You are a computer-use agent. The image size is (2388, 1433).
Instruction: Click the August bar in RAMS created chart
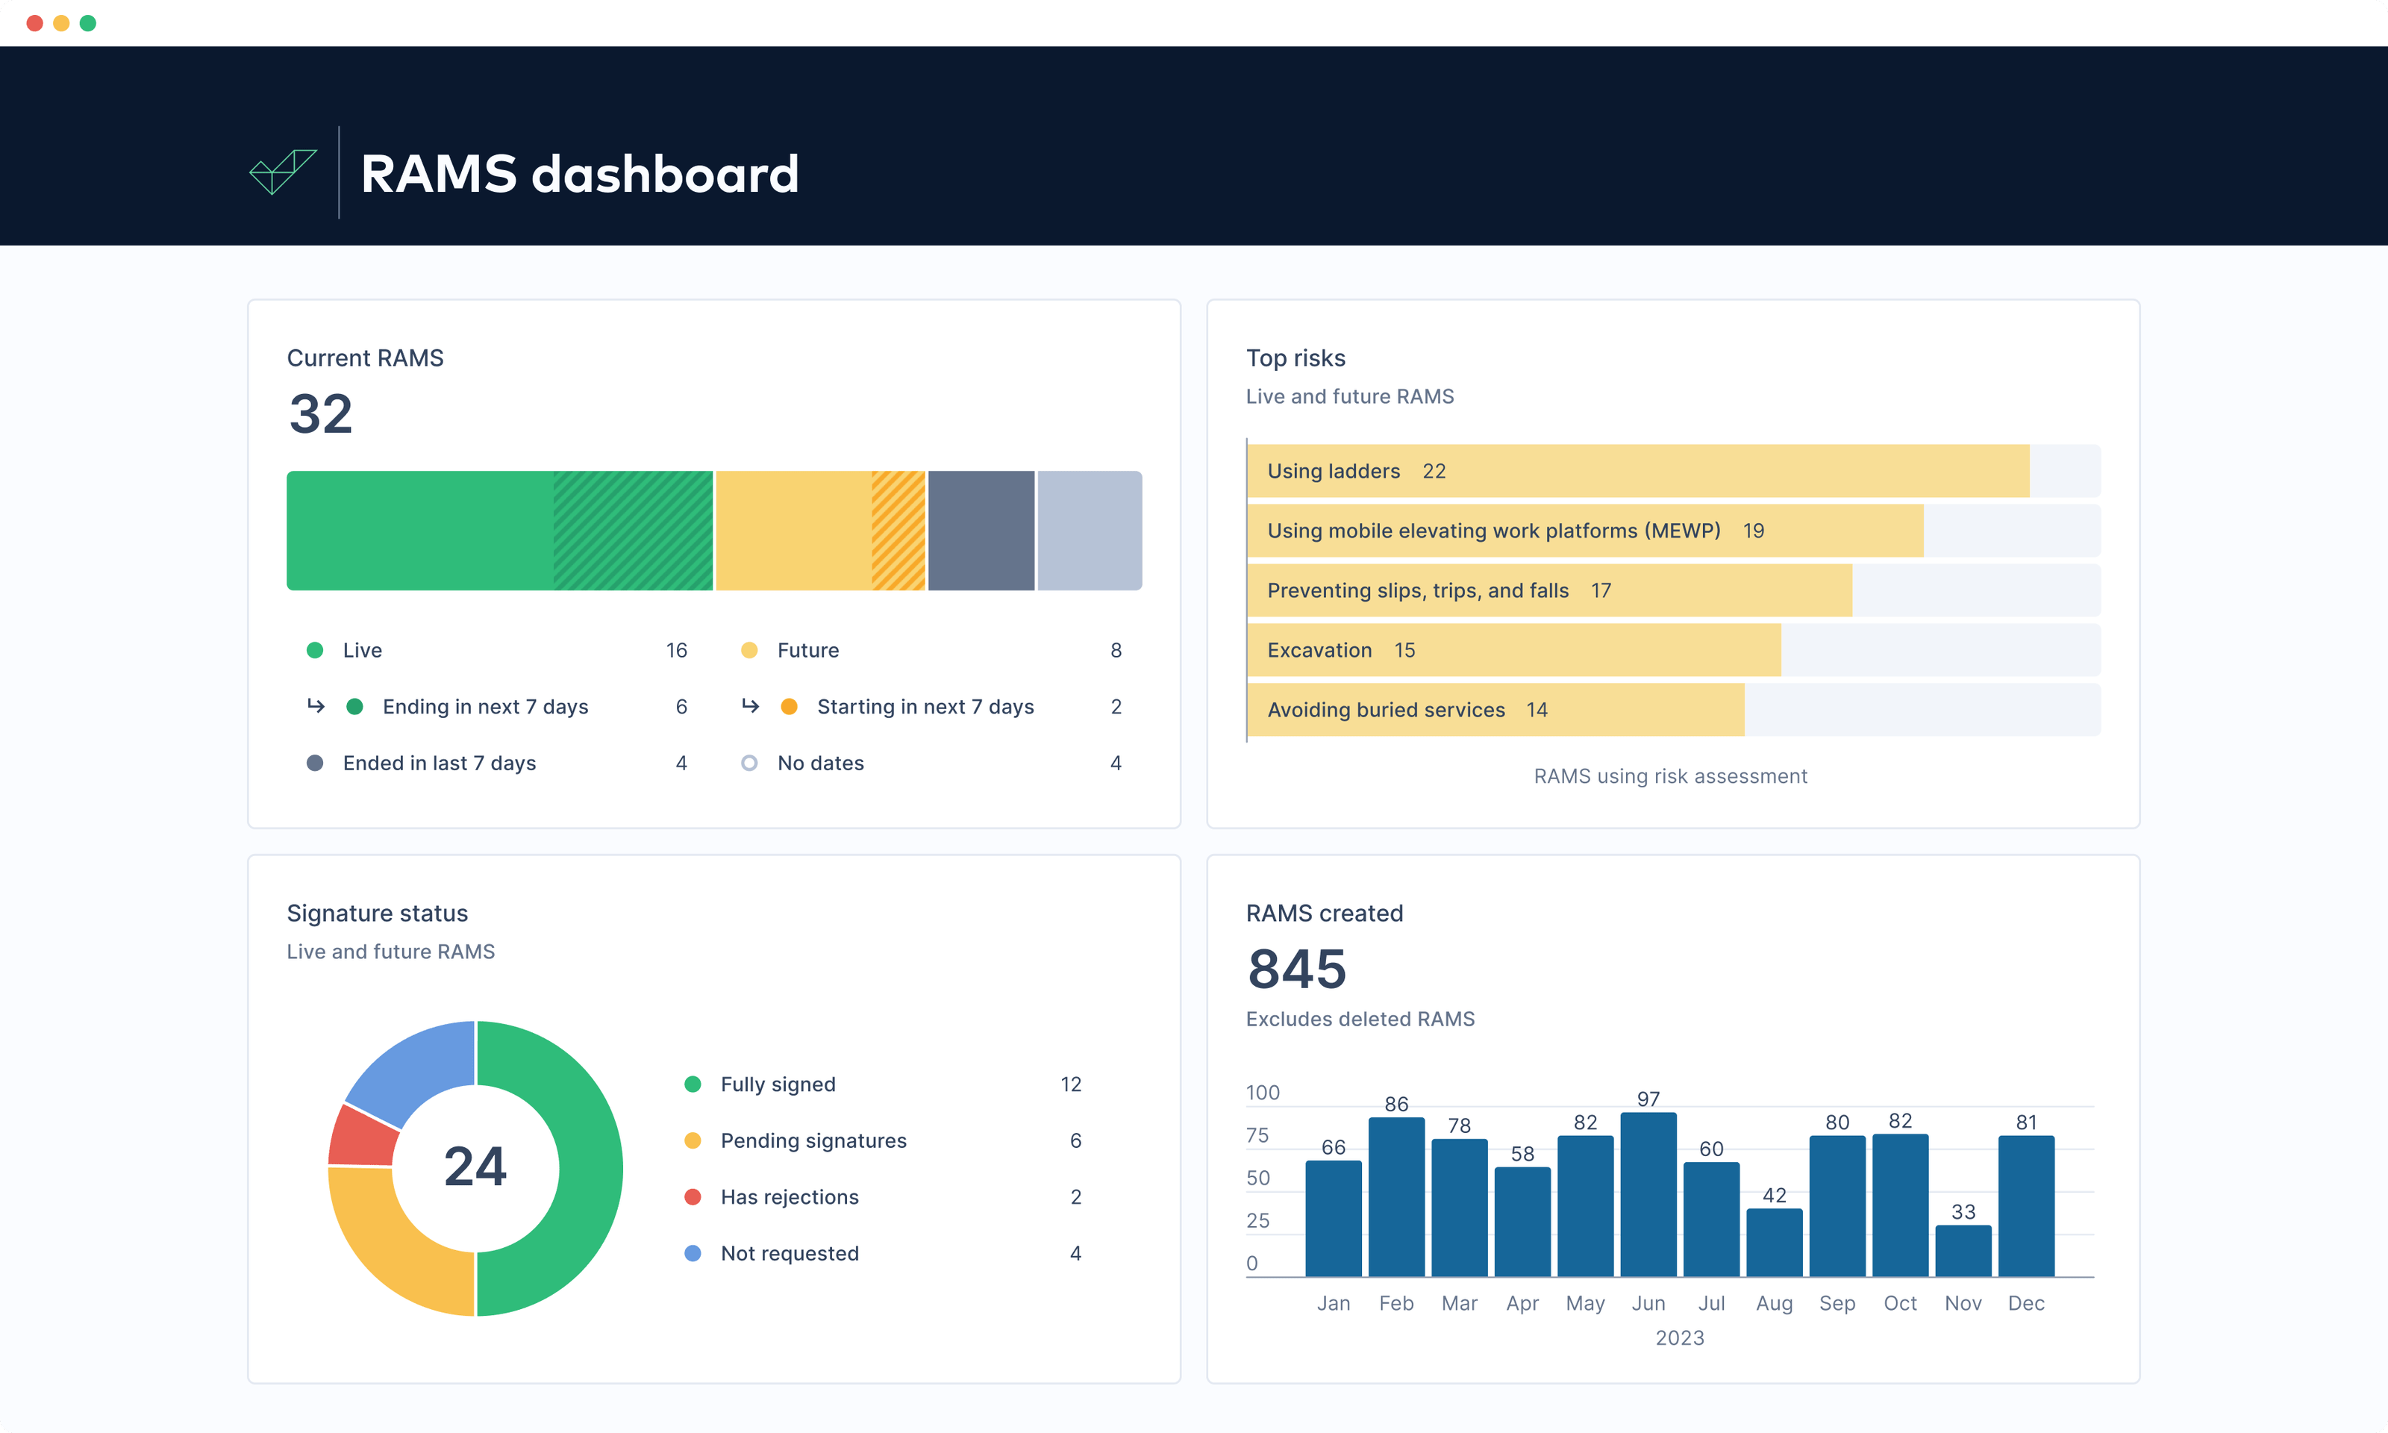pos(1774,1243)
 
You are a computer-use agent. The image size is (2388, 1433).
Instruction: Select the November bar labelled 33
pos(1963,1252)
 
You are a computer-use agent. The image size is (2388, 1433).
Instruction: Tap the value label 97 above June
pos(1648,1099)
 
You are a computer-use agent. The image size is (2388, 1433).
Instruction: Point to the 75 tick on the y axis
pos(1257,1136)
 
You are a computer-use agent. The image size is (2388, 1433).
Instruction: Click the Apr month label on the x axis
pos(1522,1304)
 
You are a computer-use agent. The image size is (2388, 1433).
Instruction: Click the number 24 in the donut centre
pos(475,1167)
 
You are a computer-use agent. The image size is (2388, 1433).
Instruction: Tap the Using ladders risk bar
pos(1637,471)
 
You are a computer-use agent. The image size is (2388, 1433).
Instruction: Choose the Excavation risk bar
pos(1513,650)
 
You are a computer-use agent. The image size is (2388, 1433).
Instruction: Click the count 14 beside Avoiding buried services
pos(1537,710)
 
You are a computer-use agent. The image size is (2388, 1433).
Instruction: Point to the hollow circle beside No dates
pos(749,763)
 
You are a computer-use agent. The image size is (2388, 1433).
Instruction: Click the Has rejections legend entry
pos(789,1197)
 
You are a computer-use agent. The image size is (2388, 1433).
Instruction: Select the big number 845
pos(1296,969)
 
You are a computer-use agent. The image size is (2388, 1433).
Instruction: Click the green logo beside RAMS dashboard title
pos(282,172)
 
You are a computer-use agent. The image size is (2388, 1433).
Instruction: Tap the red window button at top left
pos(35,23)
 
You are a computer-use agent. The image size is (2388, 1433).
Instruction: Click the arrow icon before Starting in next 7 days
pos(750,706)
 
